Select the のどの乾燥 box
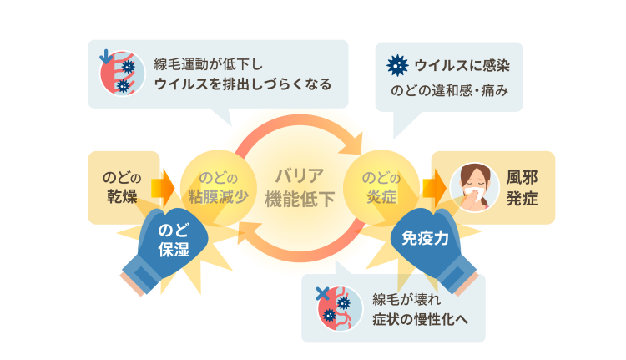[x=122, y=185]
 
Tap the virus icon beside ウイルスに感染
[x=398, y=64]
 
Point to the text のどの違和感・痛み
[x=449, y=89]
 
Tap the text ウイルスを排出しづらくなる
[x=243, y=84]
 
